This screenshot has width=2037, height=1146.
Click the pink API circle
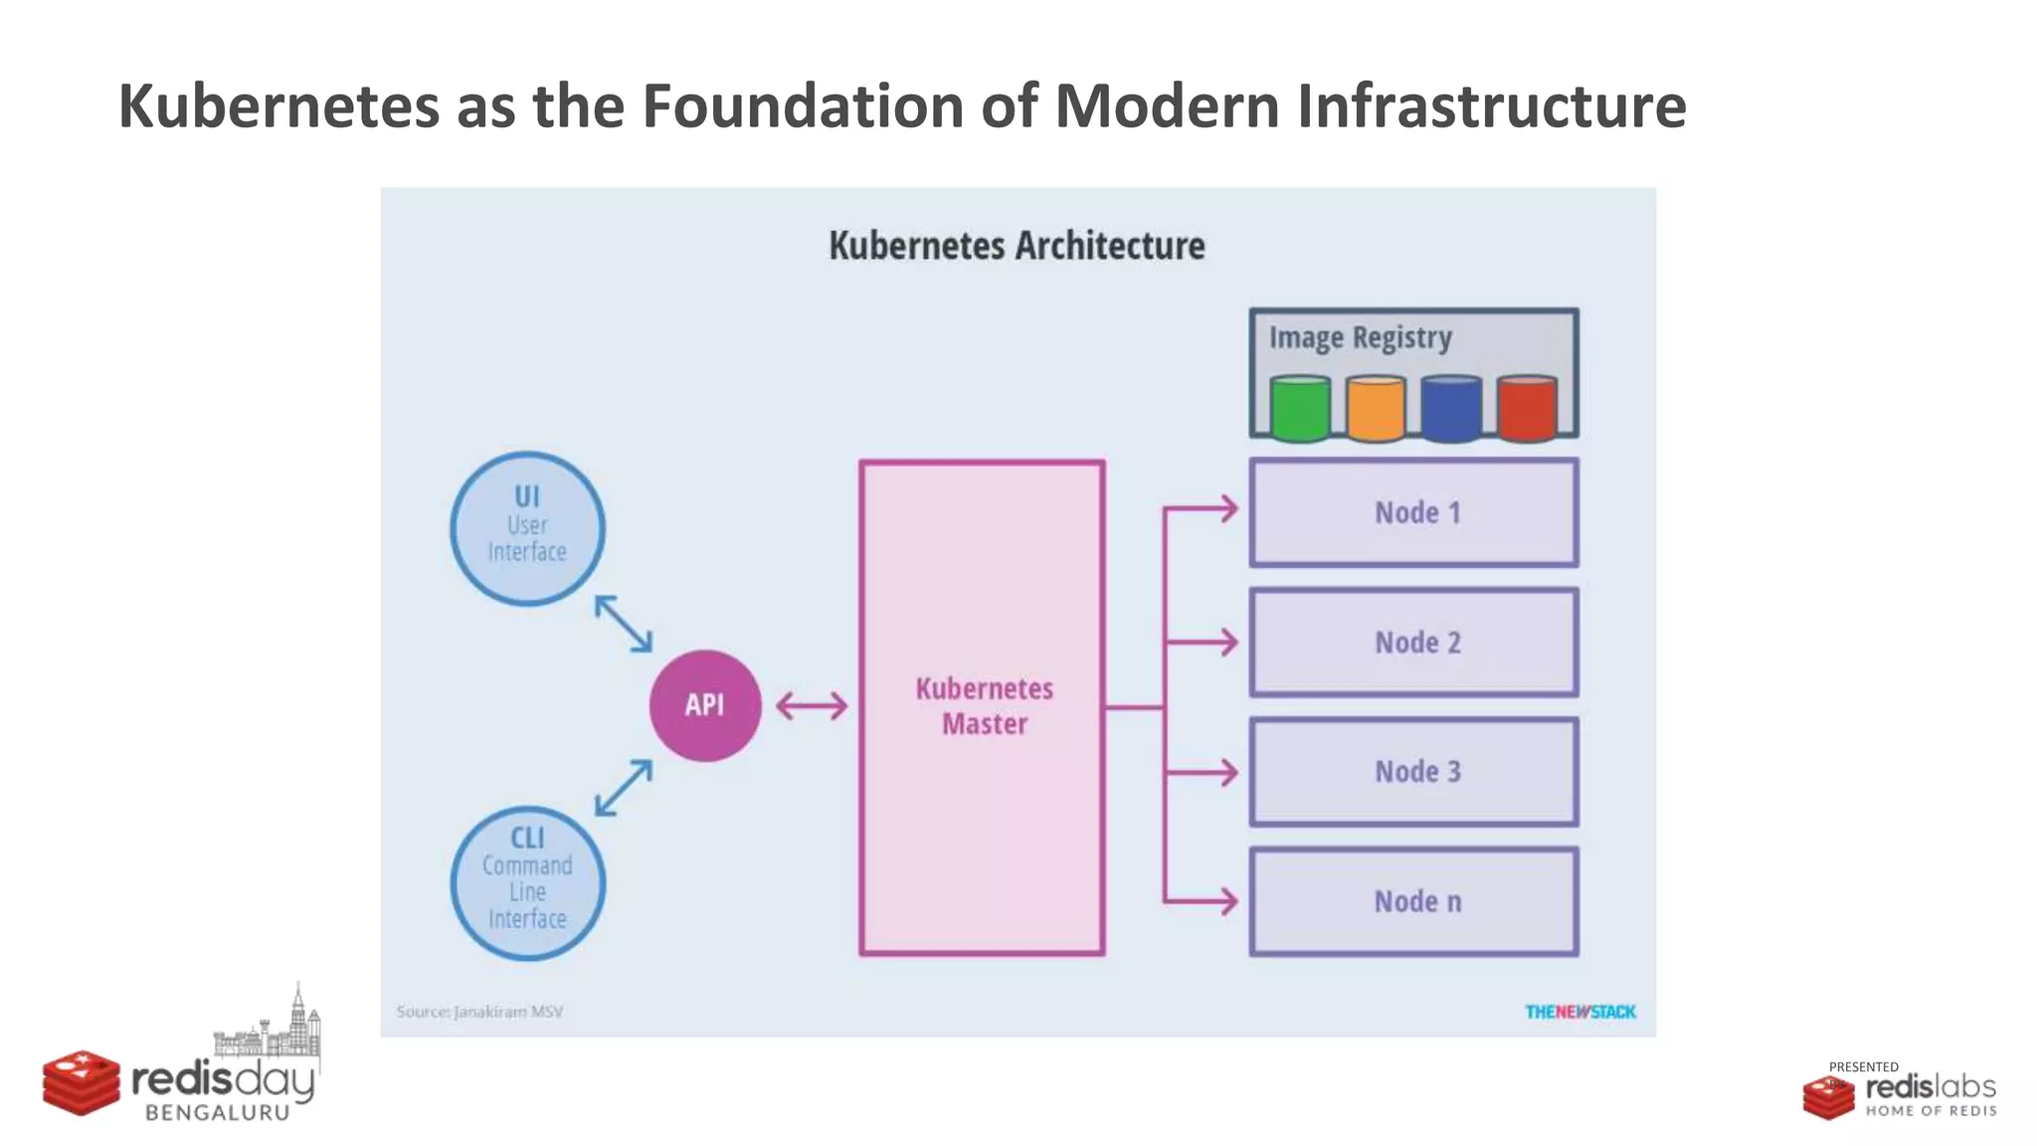705,705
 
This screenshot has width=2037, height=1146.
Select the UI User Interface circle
527,528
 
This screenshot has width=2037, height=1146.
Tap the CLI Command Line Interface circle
527,882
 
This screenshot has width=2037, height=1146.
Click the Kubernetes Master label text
984,706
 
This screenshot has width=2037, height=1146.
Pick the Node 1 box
1413,512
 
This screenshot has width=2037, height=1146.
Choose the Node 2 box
1413,642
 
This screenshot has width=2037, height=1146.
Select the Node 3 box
1413,771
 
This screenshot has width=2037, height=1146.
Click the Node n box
1413,901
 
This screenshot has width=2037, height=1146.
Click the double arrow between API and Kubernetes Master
812,706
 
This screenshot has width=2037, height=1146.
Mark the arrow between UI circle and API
624,624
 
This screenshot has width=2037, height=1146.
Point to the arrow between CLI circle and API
624,788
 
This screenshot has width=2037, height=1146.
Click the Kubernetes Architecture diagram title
1017,246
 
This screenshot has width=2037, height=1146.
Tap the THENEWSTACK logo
1579,1012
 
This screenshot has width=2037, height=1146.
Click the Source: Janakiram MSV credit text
479,1012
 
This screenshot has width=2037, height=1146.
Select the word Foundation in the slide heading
803,105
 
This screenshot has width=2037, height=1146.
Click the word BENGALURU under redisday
217,1113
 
